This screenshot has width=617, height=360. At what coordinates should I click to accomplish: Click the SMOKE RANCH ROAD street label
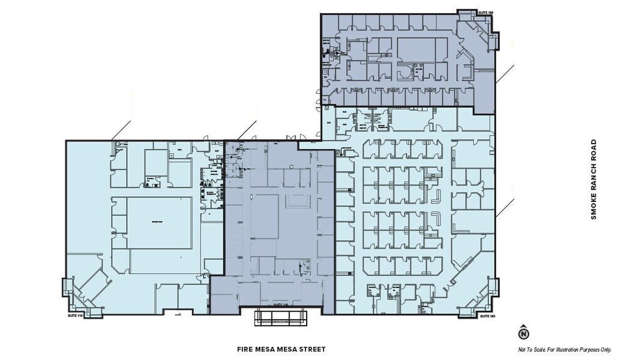(x=593, y=179)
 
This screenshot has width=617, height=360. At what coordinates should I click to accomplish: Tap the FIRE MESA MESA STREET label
(x=282, y=349)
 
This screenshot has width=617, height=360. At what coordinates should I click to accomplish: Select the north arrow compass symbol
(x=524, y=333)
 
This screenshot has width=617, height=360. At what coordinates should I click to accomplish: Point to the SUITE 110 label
(x=75, y=316)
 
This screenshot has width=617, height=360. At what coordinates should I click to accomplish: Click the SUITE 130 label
(x=280, y=305)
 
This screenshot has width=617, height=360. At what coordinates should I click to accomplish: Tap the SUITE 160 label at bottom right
(x=487, y=316)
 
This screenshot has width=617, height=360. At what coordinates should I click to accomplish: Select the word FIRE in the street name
(x=246, y=349)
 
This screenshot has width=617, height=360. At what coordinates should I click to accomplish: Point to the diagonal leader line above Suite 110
(x=121, y=130)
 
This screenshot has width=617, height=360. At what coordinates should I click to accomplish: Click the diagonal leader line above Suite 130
(x=247, y=130)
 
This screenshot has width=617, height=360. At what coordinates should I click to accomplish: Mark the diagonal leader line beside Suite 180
(x=505, y=73)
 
